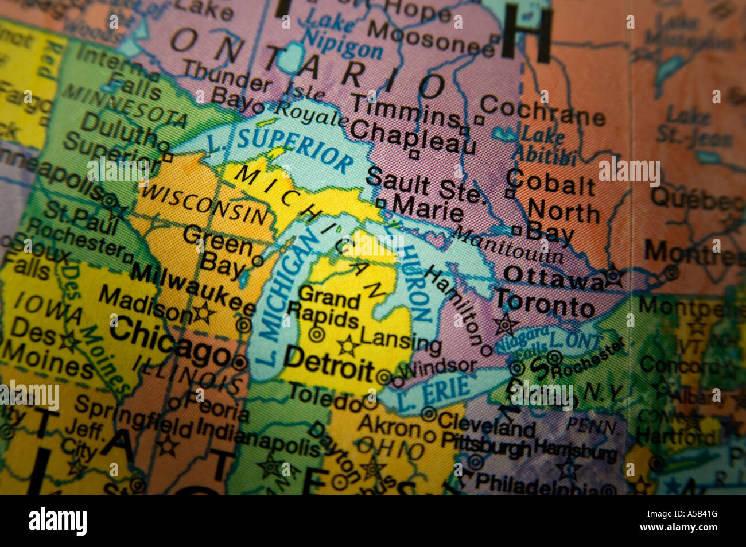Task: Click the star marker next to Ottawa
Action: [x=613, y=276]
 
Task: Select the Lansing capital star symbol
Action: [x=348, y=346]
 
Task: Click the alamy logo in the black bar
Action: [x=57, y=521]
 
